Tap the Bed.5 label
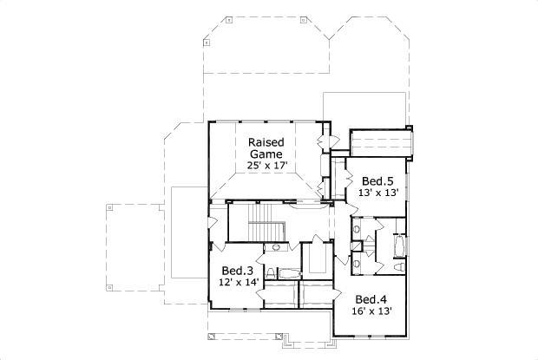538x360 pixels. tap(377, 181)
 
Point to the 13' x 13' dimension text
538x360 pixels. tap(377, 193)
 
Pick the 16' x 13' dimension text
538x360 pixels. tap(371, 311)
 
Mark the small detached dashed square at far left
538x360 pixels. tap(110, 207)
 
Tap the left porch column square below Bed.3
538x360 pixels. tap(211, 336)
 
